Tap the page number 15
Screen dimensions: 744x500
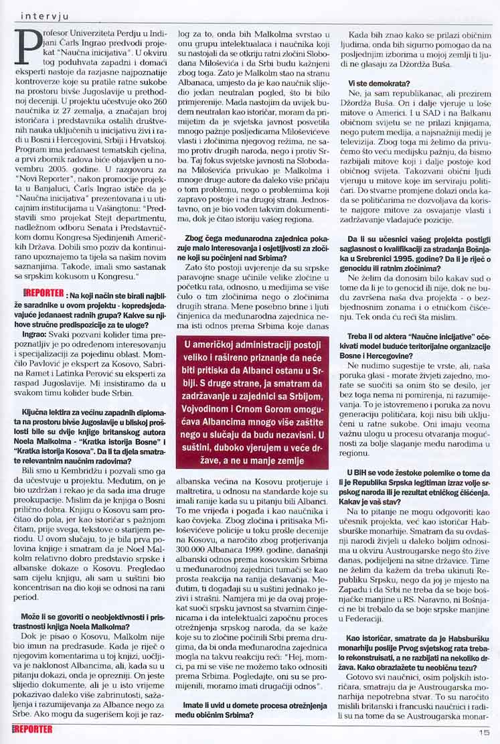(484, 731)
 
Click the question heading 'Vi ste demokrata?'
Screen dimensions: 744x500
(380, 82)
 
